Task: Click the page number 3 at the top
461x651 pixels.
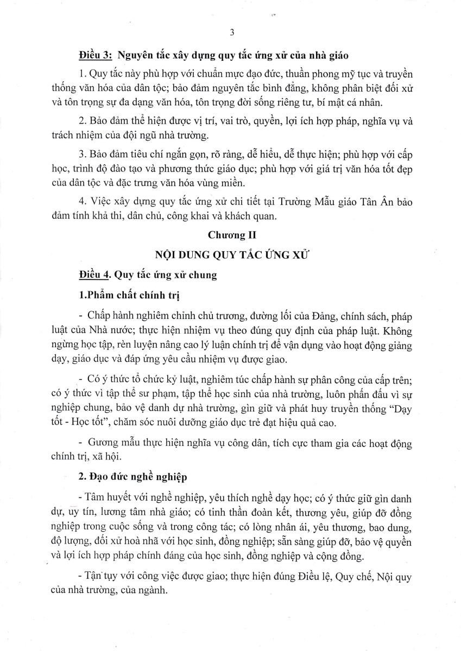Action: (x=232, y=32)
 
